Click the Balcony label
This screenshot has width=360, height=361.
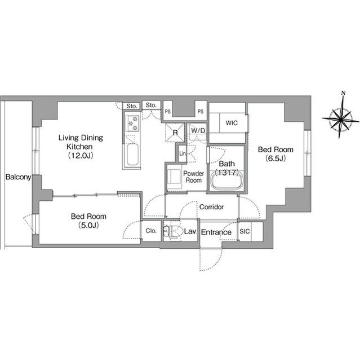18,177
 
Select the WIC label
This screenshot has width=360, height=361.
232,123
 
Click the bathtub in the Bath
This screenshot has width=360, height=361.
227,180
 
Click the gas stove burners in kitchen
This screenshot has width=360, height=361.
132,124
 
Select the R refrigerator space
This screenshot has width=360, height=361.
175,133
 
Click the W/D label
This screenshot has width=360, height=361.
198,131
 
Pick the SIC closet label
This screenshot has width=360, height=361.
245,231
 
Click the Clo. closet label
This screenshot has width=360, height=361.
151,231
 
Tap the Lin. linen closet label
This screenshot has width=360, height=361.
183,153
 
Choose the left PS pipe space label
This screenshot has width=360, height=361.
168,112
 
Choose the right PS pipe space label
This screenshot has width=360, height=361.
201,112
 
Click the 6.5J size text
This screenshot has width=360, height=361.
275,159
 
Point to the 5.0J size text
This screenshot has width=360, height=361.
88,225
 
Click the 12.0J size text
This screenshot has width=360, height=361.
81,156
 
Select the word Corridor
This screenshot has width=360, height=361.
211,207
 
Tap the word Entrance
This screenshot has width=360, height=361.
216,232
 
